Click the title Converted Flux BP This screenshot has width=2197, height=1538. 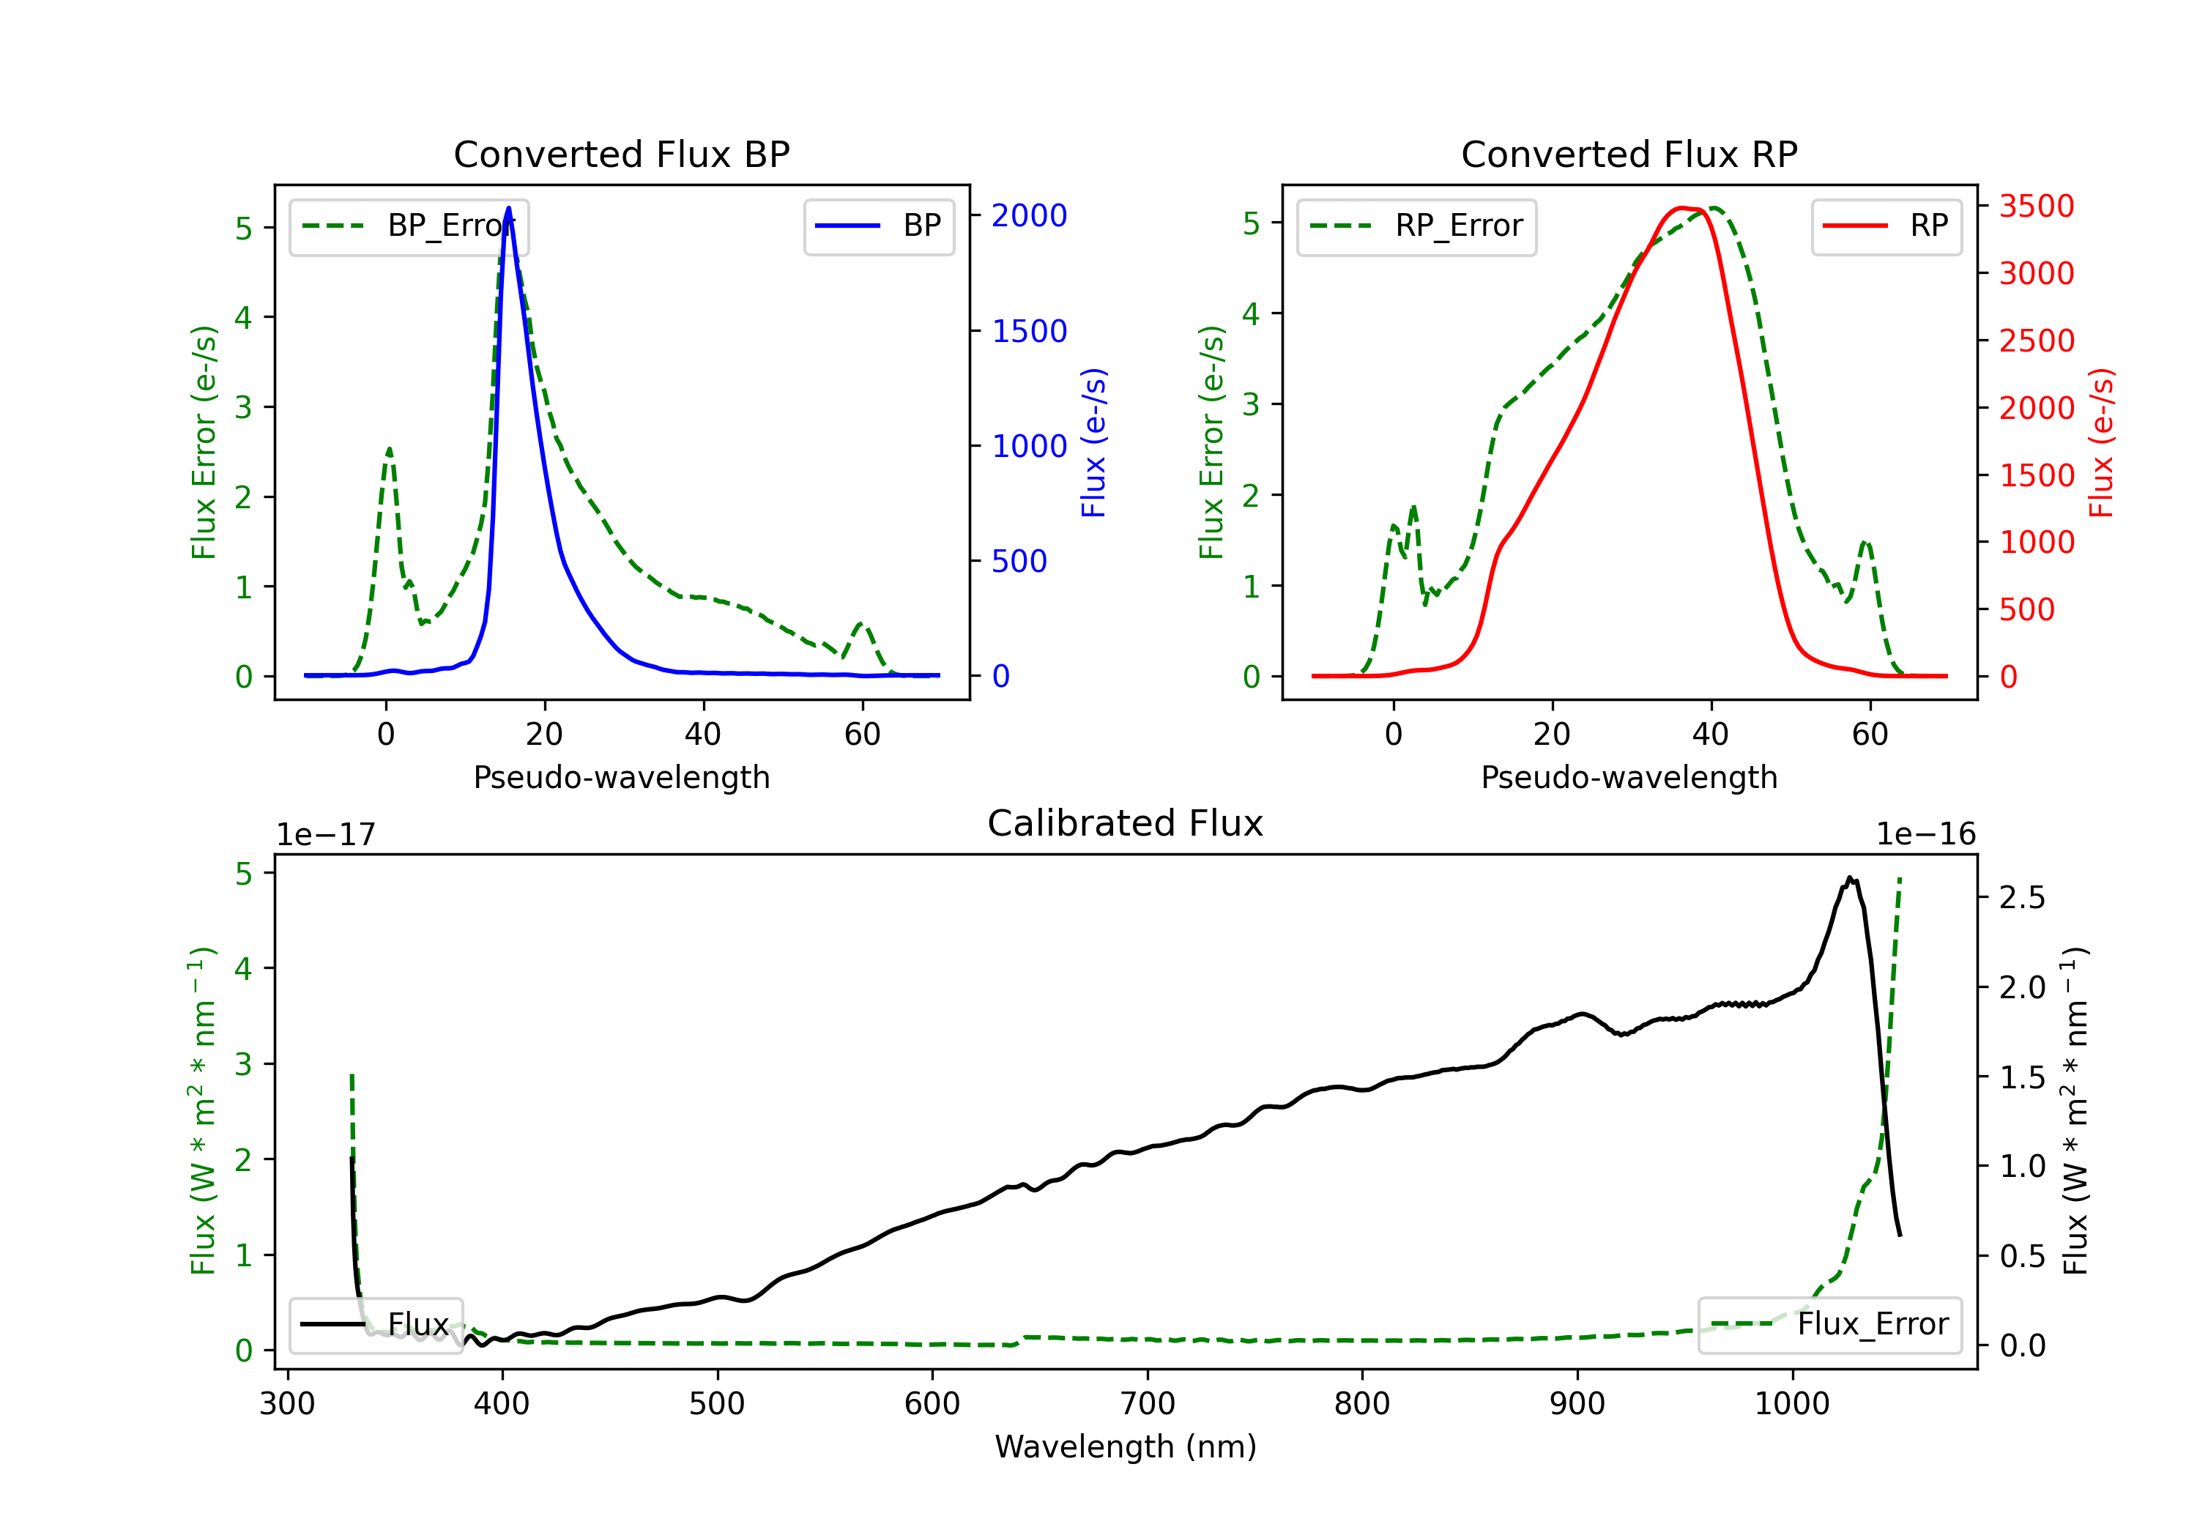[x=621, y=154]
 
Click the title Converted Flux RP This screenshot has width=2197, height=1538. [x=1629, y=154]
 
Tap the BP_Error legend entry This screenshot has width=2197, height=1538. [x=409, y=226]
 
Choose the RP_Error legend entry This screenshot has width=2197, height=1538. [x=1416, y=226]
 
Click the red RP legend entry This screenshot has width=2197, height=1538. [x=1886, y=226]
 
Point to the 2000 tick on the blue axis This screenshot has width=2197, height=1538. [x=1029, y=215]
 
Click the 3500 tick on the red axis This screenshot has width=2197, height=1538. [x=2036, y=206]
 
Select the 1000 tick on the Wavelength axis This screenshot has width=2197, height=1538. [x=1791, y=1404]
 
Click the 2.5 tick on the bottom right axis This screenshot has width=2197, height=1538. [x=2022, y=898]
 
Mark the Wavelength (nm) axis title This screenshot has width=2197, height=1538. [x=1126, y=1446]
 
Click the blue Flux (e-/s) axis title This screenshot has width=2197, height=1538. [x=1093, y=442]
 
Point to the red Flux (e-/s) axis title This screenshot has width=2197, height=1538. [x=2101, y=442]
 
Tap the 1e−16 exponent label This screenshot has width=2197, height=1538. [x=1925, y=835]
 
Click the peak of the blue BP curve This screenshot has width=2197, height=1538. [x=508, y=208]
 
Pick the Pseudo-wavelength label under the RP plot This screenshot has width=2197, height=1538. [x=1629, y=777]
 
